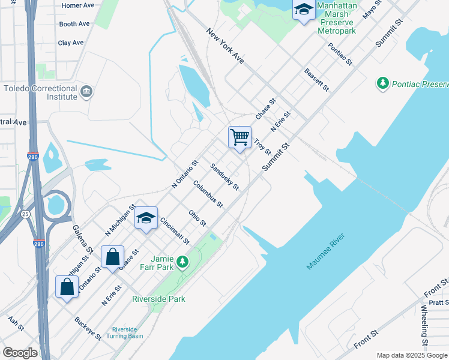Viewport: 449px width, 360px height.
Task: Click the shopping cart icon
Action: click(240, 137)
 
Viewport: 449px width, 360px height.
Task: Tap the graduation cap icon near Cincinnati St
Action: click(146, 218)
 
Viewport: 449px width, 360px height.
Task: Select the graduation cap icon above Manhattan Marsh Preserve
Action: click(304, 10)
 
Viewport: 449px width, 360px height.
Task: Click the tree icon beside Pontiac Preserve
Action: click(383, 83)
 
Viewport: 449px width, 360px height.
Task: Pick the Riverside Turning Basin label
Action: click(128, 334)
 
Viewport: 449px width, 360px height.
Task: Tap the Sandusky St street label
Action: click(224, 177)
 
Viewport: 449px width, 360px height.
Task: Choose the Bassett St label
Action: click(317, 79)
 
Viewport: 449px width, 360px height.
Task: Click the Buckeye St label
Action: click(88, 327)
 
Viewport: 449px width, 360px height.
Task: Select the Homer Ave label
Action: click(79, 5)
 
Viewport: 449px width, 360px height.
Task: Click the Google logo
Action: click(20, 353)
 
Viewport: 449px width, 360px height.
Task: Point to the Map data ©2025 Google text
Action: click(411, 355)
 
